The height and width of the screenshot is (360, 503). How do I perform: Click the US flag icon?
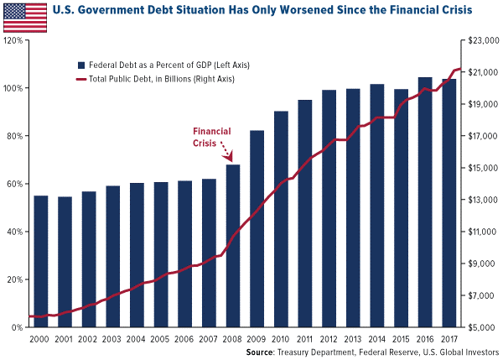click(x=24, y=15)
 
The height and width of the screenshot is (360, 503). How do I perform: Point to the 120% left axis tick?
click(x=12, y=40)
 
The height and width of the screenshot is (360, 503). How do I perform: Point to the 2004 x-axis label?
click(x=137, y=339)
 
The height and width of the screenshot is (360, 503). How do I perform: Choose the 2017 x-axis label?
click(x=449, y=339)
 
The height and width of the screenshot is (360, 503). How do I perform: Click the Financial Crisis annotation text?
click(x=212, y=137)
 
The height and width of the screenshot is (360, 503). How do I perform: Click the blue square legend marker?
click(x=80, y=65)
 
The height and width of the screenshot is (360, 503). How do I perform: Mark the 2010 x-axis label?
click(x=281, y=339)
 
